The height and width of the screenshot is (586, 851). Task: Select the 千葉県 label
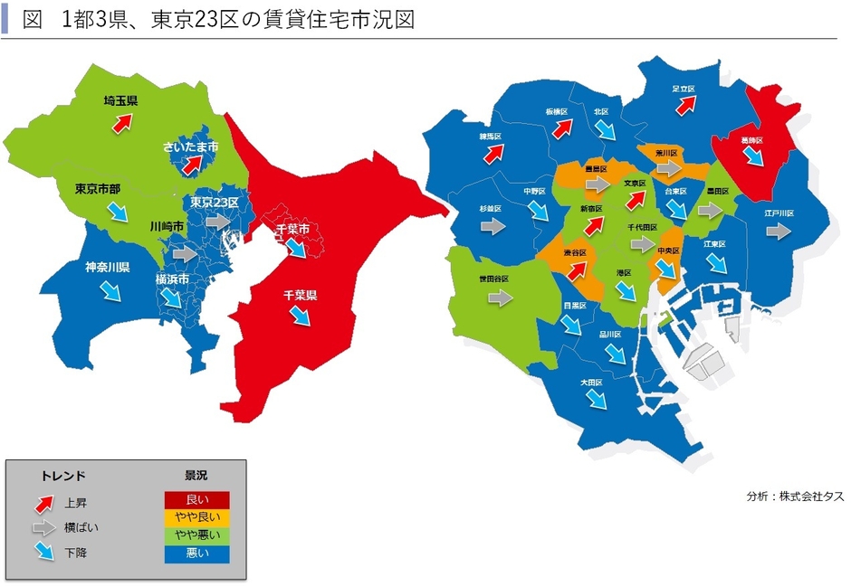coord(300,295)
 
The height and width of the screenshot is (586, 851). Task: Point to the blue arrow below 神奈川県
coord(109,289)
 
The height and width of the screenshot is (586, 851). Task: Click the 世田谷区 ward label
coord(495,279)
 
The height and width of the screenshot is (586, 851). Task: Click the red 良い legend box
coord(196,500)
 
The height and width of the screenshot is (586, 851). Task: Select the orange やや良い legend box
coord(196,518)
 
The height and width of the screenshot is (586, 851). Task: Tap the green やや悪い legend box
coord(196,536)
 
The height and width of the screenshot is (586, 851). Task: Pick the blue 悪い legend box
coord(196,553)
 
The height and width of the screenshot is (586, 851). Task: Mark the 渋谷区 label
coord(576,251)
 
